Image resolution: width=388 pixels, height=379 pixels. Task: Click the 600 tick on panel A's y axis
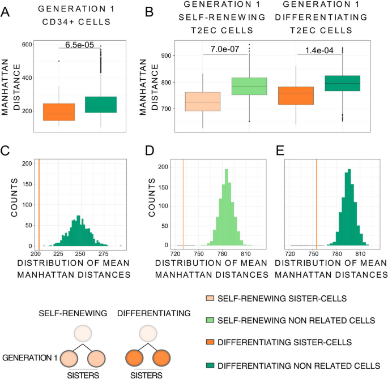[26, 45]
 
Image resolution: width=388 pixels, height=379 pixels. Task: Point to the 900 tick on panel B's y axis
[165, 55]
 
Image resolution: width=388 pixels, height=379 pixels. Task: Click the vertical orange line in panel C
[39, 204]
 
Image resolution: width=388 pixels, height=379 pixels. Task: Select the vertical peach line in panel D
[184, 204]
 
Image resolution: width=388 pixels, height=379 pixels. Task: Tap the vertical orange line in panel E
[316, 204]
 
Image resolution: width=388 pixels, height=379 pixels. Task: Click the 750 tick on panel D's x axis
[199, 255]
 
